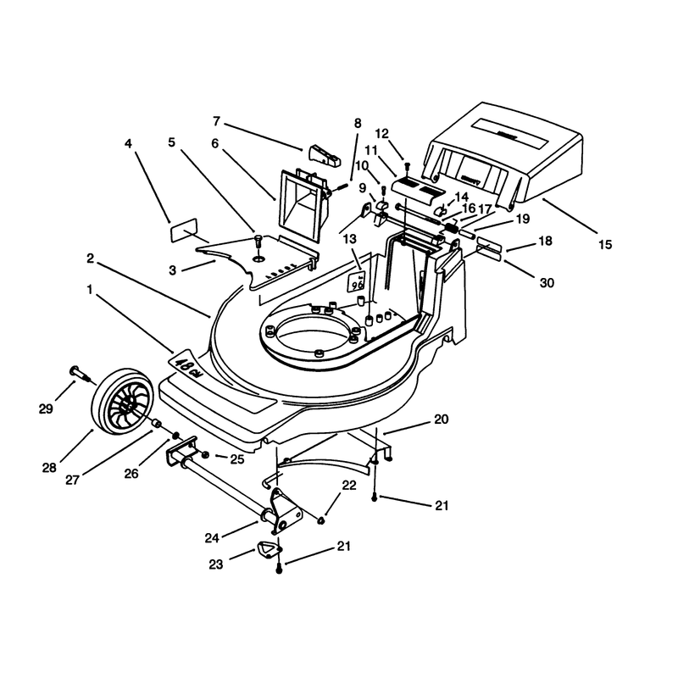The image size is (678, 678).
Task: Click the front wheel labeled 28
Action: [123, 402]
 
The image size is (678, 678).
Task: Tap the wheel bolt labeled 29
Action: [82, 375]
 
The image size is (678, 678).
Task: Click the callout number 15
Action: [605, 245]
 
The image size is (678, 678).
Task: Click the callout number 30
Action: [547, 283]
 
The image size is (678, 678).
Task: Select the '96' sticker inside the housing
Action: [357, 282]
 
